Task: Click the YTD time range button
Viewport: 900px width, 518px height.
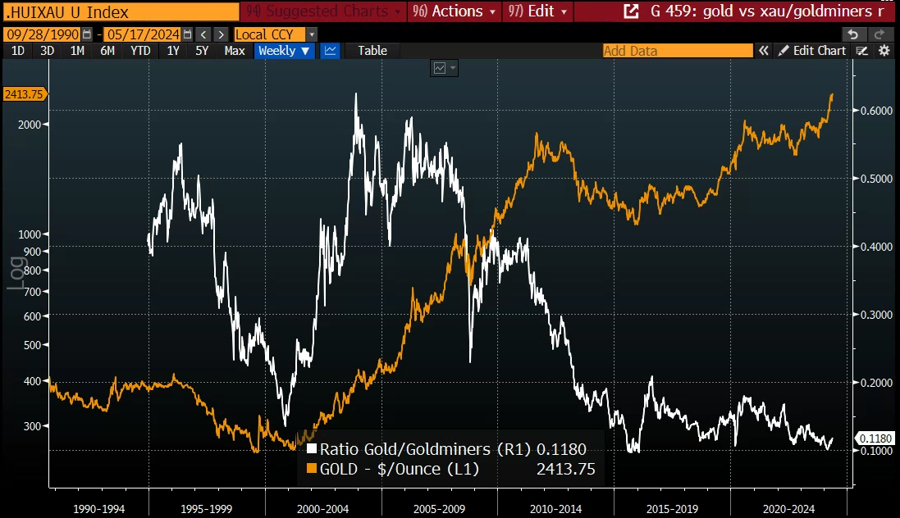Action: (x=140, y=51)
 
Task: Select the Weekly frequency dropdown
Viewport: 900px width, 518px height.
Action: (x=284, y=51)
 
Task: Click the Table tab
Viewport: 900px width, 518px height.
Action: (x=372, y=51)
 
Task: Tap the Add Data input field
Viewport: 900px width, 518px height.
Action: (x=677, y=51)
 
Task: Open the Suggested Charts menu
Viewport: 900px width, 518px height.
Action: (x=325, y=11)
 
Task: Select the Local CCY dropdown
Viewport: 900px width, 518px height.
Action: (x=275, y=34)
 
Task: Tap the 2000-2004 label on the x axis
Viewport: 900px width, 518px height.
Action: (x=323, y=509)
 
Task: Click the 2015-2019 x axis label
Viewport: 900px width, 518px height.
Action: (x=671, y=509)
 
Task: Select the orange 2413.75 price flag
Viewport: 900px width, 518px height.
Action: (x=23, y=93)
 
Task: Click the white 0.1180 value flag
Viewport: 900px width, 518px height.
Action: (x=875, y=438)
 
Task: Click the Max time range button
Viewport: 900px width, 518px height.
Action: (x=235, y=51)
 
